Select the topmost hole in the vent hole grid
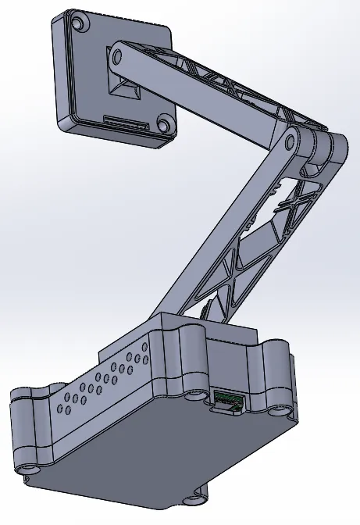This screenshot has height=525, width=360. (142, 350)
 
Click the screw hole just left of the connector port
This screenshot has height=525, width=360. (192, 396)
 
